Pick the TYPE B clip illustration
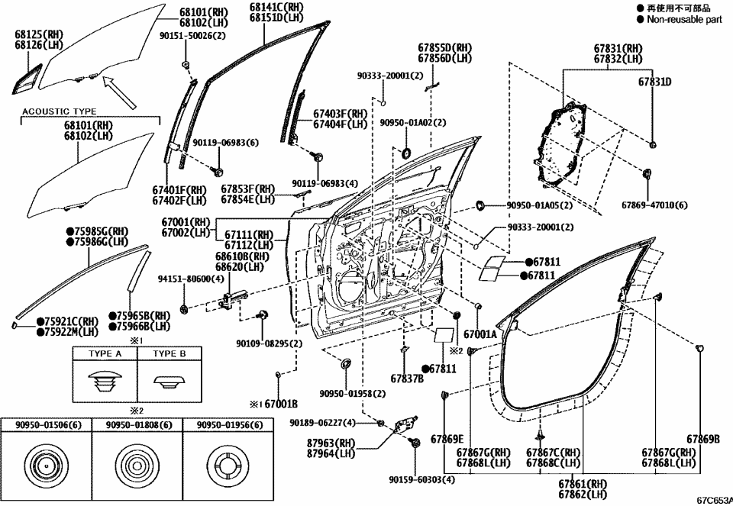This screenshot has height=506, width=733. pos(170,380)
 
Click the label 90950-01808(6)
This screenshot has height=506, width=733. pos(137,425)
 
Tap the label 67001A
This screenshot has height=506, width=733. pos(480,334)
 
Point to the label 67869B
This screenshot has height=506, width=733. pos(703,438)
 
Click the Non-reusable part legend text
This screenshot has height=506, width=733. pos(684,20)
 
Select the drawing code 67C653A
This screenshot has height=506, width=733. pos(713,501)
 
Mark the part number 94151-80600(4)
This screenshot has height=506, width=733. pos(191,279)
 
